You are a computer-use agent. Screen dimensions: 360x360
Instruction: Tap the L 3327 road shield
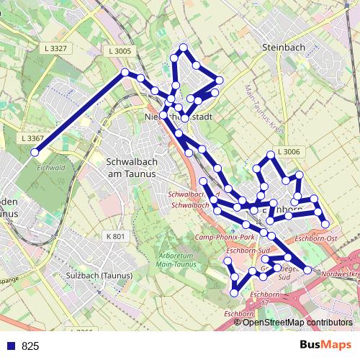click(55, 48)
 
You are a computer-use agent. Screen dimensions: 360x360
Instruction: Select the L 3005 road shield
click(120, 51)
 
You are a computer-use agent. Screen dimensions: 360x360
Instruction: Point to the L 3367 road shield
click(32, 138)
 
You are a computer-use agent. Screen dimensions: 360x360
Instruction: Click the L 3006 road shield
click(287, 152)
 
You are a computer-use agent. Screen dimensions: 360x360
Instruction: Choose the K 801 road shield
click(115, 236)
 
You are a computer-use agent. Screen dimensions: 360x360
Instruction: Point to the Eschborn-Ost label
click(316, 237)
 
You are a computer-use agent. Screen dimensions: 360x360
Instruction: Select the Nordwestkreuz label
click(339, 274)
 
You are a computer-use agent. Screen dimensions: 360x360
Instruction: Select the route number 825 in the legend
click(30, 346)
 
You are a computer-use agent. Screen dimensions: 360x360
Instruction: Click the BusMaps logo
click(326, 345)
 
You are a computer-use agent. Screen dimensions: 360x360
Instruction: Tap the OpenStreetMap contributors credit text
click(297, 323)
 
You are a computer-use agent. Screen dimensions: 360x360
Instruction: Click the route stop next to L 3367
click(34, 151)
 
